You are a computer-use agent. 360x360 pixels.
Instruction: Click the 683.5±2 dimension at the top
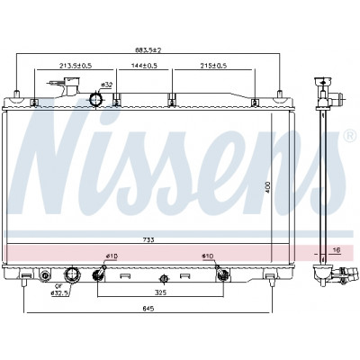148,50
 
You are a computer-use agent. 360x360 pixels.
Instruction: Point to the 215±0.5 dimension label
213,66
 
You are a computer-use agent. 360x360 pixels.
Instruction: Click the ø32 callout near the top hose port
107,85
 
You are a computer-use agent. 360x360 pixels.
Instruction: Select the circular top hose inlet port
95,99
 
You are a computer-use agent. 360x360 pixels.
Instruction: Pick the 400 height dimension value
268,187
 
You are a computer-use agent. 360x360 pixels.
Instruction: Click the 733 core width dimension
148,239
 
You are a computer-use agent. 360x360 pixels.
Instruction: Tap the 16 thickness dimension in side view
337,250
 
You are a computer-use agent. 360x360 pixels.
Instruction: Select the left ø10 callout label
112,256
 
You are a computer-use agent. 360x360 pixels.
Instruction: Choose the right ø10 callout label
207,256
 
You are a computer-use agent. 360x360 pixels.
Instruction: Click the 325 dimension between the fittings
161,292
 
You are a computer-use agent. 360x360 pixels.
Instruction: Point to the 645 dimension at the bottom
148,308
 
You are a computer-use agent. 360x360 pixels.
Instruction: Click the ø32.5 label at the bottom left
58,292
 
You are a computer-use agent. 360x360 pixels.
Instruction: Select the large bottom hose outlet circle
72,274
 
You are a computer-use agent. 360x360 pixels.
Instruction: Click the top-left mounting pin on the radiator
17,94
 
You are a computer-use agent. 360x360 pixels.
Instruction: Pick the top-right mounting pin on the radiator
280,94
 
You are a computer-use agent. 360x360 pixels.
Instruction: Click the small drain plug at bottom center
164,279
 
